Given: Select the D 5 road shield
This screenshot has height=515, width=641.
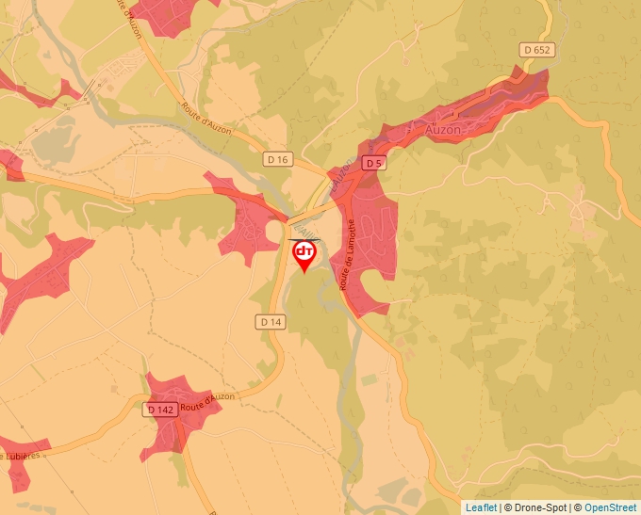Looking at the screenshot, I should coord(373,163).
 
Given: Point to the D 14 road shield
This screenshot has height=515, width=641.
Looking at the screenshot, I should coord(270,321).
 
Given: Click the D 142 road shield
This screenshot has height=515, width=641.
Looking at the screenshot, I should coord(161,410).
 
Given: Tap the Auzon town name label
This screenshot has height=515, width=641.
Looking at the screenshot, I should coord(444,129).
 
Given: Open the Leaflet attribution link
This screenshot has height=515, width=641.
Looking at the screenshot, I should coord(481,507).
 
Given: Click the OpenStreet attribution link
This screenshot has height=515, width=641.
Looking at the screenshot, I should coord(610,507).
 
